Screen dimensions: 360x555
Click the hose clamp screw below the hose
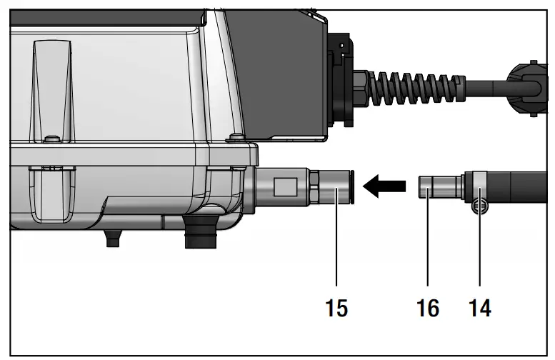pos(479,207)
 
